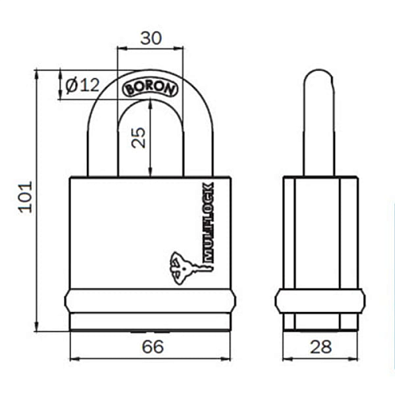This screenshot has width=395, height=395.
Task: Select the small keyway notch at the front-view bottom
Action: pos(150,333)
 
